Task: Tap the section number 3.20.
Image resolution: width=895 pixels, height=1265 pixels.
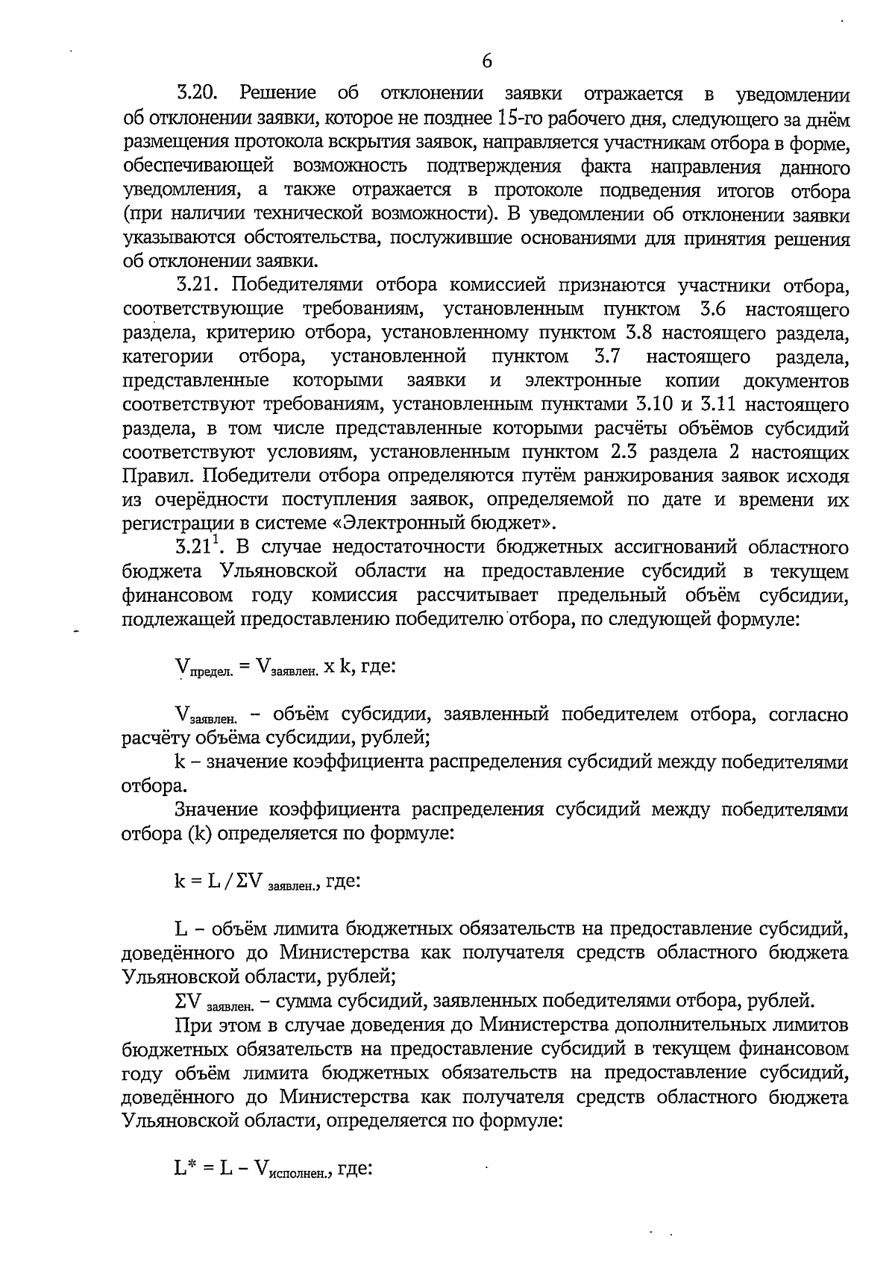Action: tap(197, 95)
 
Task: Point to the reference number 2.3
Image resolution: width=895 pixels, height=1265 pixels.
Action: tap(633, 453)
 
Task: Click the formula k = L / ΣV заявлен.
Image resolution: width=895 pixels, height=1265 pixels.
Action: tap(268, 882)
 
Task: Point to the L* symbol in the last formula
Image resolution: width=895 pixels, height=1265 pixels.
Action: tap(185, 1170)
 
